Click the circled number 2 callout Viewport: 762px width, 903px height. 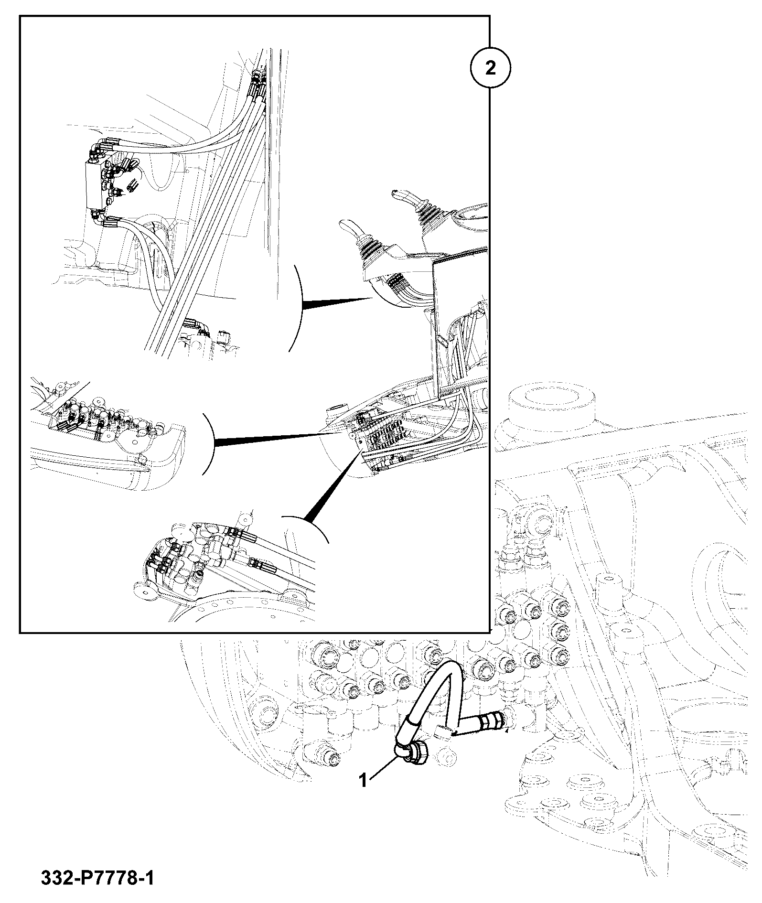[490, 68]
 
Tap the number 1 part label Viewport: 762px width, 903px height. [364, 781]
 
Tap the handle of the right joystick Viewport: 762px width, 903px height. [404, 196]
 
